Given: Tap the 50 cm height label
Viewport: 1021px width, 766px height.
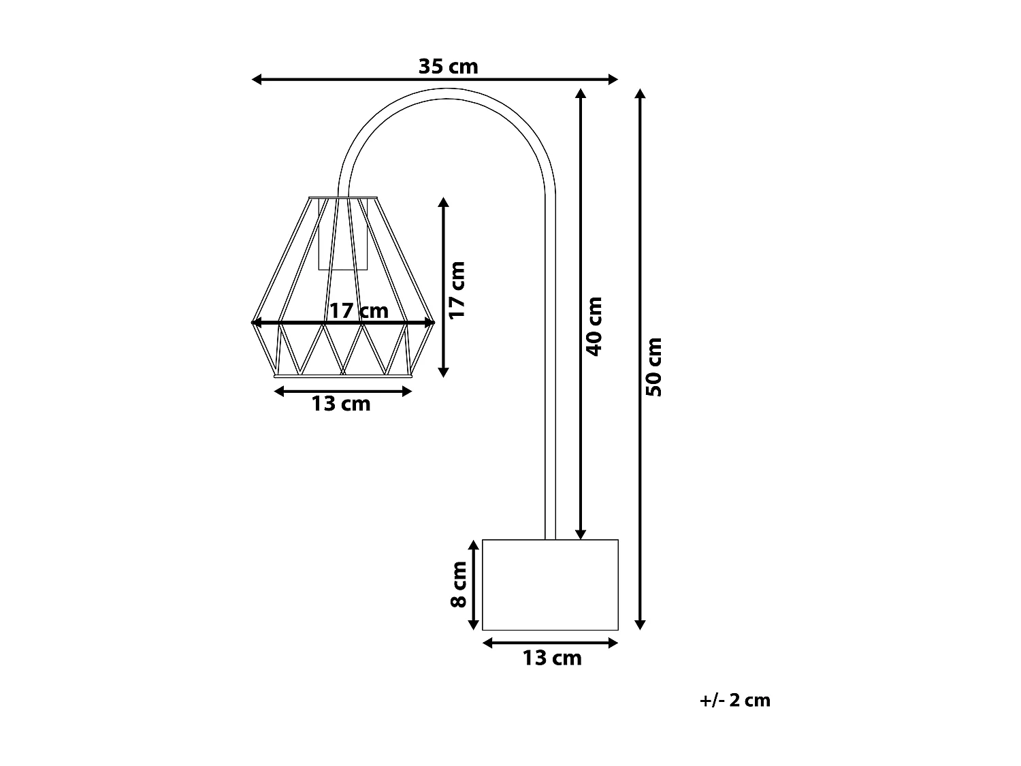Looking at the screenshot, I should click(653, 366).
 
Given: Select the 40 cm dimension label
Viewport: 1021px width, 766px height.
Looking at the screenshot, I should click(594, 325).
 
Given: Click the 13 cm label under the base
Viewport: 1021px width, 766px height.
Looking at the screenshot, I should click(552, 658).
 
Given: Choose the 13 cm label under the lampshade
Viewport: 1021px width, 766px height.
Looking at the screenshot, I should click(341, 404).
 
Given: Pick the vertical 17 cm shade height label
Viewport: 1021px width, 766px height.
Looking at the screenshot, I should click(457, 289).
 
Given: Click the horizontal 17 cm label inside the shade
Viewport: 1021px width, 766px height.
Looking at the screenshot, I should click(359, 311).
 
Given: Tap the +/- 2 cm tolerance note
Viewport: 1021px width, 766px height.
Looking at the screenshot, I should click(735, 700).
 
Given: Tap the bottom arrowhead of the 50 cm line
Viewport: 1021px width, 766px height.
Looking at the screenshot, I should click(639, 624).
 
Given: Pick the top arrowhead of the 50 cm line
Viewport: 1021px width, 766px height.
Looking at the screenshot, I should click(639, 93).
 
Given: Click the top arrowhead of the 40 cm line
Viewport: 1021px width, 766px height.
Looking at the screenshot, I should click(580, 93).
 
